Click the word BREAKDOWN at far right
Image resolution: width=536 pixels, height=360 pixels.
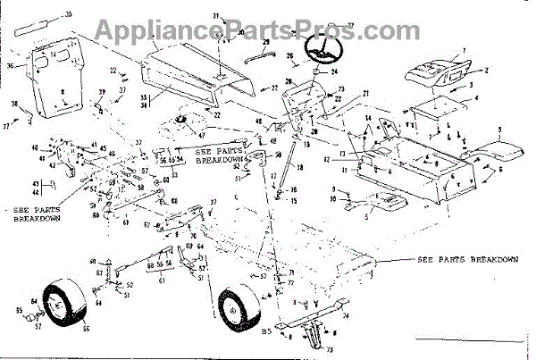click(x=493, y=260)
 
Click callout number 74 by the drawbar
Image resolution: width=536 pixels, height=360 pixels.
click(x=347, y=314)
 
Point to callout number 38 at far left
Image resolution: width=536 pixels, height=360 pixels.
click(x=15, y=105)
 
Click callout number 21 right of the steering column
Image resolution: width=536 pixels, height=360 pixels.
click(x=366, y=94)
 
